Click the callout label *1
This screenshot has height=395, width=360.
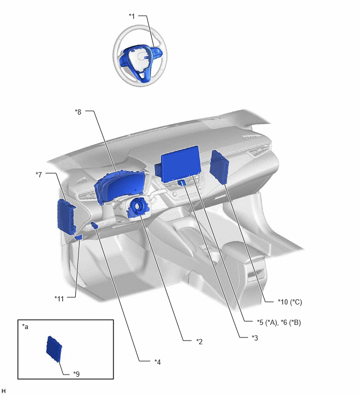coord(132,16)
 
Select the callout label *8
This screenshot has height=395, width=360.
coord(78,112)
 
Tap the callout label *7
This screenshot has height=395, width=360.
coord(39,174)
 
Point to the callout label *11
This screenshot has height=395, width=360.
coord(59,299)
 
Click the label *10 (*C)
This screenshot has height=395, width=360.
coord(290,302)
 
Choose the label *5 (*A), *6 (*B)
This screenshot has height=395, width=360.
coord(279,322)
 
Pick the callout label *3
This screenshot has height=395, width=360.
coord(255,338)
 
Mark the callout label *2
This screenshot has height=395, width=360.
coord(199,342)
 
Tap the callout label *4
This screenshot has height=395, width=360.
coord(157,362)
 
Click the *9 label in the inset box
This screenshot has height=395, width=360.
coord(76,374)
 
